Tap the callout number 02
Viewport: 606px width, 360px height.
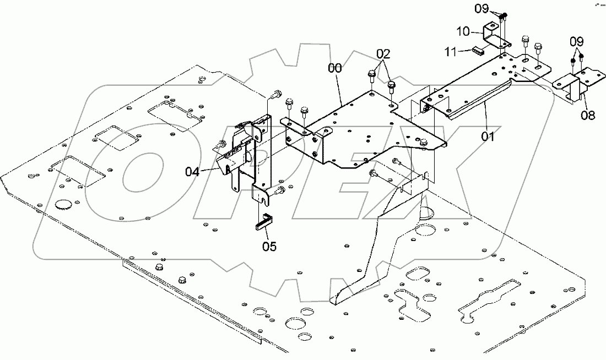(383, 53)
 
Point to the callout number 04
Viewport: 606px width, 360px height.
(192, 172)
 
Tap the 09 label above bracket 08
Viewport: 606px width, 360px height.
(577, 41)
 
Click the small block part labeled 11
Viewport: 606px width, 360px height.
(477, 51)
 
